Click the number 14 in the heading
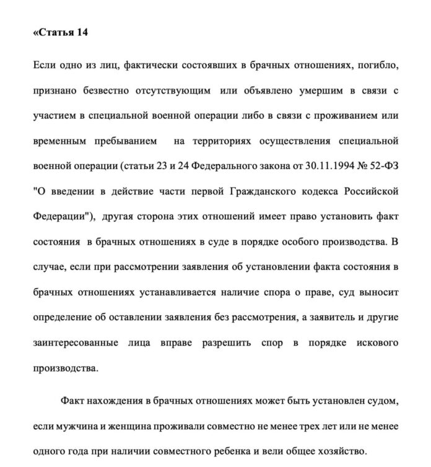coord(81,33)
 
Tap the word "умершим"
coord(310,91)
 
